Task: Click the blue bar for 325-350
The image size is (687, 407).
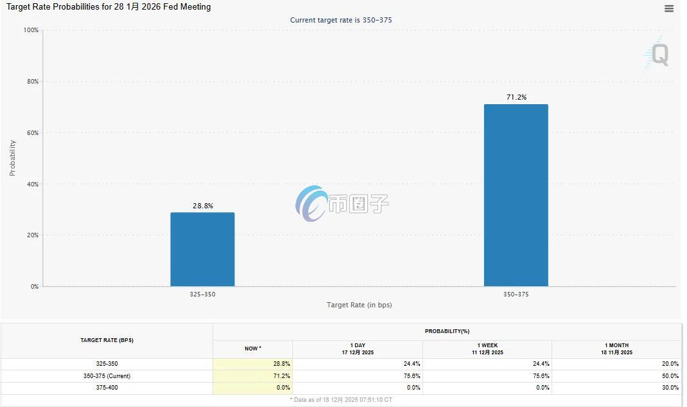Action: [202, 249]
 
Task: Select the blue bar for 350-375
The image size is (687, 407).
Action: [516, 195]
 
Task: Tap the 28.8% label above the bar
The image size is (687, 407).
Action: [203, 206]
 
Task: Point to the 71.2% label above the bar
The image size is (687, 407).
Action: [517, 97]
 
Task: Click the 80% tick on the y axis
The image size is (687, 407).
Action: [33, 81]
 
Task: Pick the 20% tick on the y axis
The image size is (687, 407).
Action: [33, 235]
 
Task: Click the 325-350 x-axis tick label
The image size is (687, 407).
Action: [202, 294]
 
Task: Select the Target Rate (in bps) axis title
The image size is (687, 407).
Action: [360, 305]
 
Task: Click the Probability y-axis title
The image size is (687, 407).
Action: [12, 158]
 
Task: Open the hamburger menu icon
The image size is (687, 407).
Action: [669, 9]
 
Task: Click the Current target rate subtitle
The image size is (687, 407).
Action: [341, 20]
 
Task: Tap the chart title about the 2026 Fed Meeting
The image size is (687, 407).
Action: [109, 7]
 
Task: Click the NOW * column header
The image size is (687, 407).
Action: [253, 348]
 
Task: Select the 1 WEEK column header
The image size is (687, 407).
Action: [487, 348]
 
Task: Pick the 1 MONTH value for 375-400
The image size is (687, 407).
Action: [670, 388]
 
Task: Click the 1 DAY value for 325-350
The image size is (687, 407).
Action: [412, 363]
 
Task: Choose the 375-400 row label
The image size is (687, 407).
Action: [107, 388]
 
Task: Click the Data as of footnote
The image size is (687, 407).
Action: [341, 400]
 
